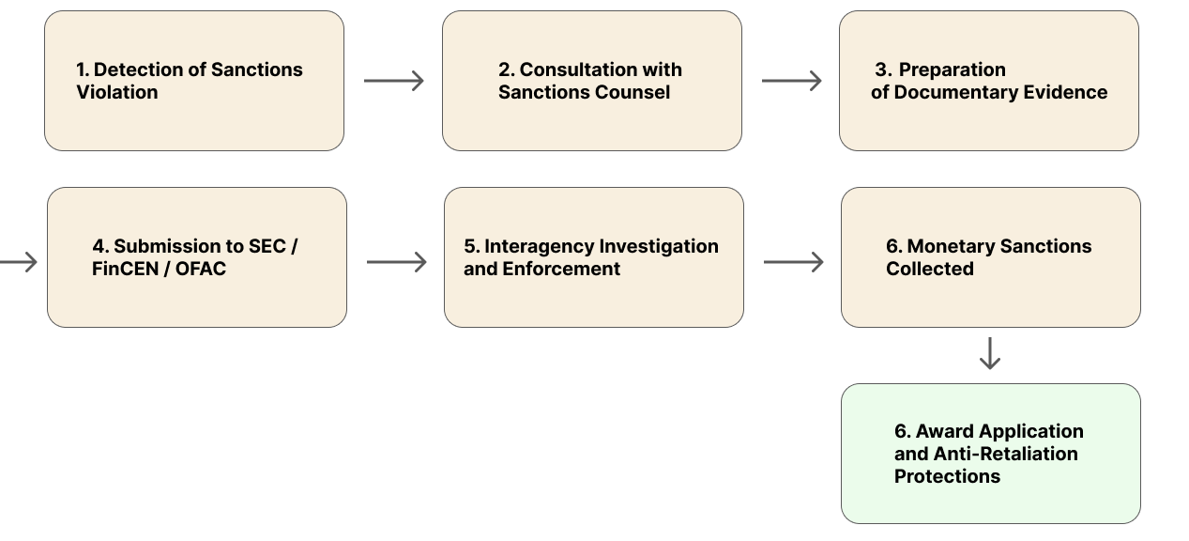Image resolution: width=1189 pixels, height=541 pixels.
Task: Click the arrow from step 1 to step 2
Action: pyautogui.click(x=393, y=81)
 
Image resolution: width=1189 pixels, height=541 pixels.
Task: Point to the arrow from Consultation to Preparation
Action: pyautogui.click(x=791, y=81)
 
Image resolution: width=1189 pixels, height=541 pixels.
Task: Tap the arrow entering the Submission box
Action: pyautogui.click(x=19, y=261)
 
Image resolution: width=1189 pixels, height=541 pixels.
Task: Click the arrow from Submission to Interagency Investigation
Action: pyautogui.click(x=396, y=261)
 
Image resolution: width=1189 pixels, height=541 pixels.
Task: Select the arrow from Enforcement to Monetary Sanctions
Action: pyautogui.click(x=793, y=261)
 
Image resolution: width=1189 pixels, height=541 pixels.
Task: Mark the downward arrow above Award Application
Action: pyautogui.click(x=990, y=353)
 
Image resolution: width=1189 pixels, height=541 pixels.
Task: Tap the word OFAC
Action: pyautogui.click(x=201, y=269)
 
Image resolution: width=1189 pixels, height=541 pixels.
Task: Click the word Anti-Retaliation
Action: pyautogui.click(x=1005, y=454)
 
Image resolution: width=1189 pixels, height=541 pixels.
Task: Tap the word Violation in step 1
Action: pyautogui.click(x=116, y=92)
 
